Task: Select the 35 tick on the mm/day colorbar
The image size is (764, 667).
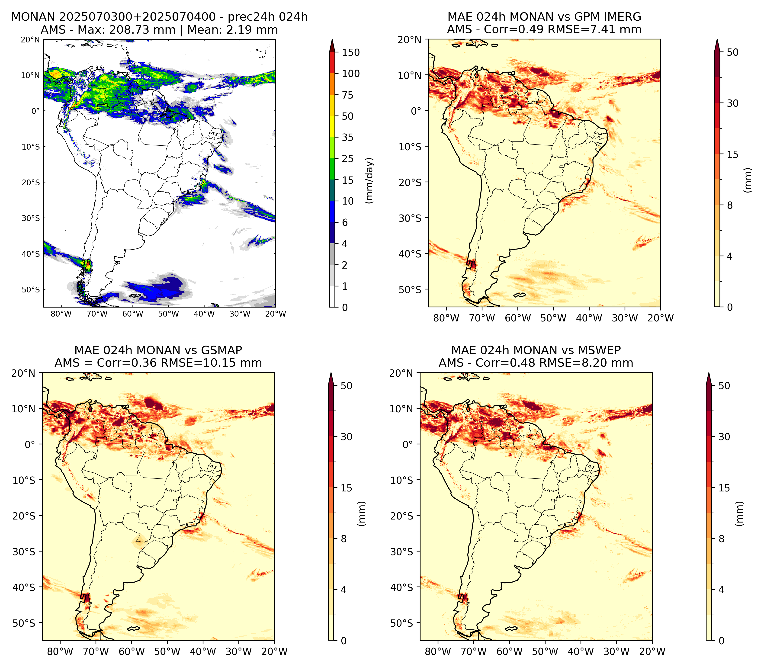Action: [x=348, y=137]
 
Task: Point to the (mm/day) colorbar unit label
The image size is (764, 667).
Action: [x=369, y=180]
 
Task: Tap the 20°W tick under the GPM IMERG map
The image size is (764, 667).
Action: [x=661, y=318]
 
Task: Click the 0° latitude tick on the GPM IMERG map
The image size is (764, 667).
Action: [x=416, y=111]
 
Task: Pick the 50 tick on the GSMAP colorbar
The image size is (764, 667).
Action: [x=346, y=386]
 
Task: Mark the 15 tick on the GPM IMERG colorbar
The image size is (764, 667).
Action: [x=732, y=154]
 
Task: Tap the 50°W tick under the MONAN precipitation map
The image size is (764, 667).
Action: [x=169, y=314]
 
